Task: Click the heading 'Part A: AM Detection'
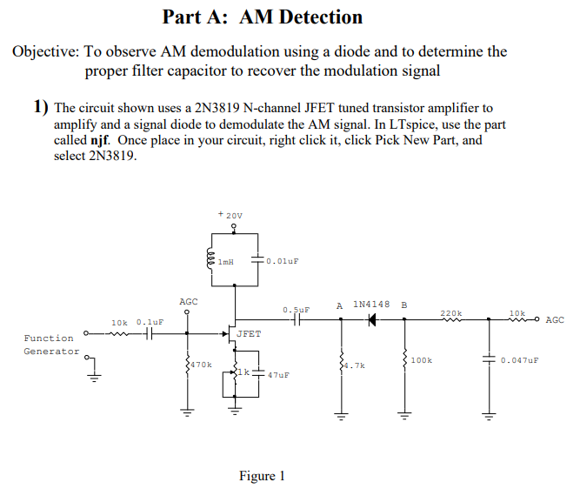coord(263,17)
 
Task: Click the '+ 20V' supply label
coord(230,214)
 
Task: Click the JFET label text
coord(248,333)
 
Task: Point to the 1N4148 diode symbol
coord(372,319)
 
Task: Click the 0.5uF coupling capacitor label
coord(296,309)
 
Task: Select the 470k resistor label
coord(202,365)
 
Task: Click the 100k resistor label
coord(421,359)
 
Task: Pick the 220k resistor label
coord(450,312)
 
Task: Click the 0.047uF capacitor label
coord(520,359)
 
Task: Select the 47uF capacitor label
coord(278,375)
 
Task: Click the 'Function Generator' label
coord(49,345)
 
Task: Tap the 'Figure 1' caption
coord(262,475)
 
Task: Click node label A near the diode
coord(339,305)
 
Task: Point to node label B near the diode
coord(403,305)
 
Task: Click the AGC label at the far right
coord(554,319)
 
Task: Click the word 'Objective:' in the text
coord(45,51)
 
